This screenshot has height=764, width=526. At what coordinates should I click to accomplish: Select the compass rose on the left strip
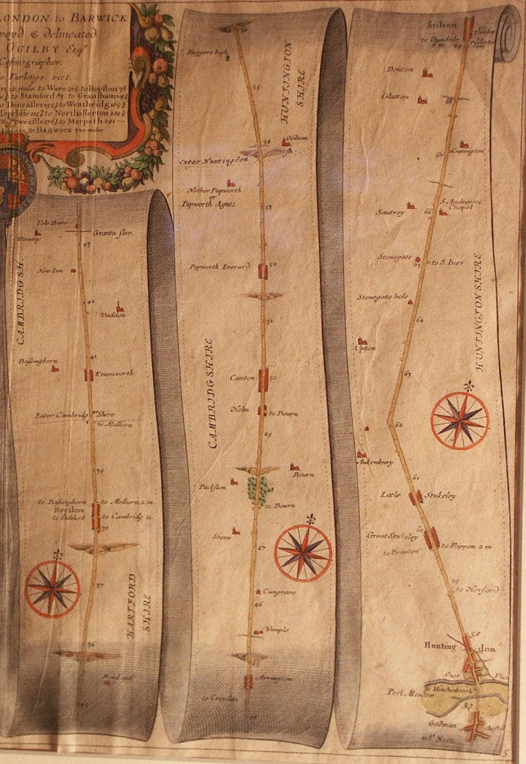click(53, 589)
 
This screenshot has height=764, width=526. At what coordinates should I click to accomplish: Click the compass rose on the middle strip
click(303, 552)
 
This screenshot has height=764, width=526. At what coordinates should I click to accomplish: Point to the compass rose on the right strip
click(460, 420)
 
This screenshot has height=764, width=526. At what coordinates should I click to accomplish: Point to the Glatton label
click(396, 97)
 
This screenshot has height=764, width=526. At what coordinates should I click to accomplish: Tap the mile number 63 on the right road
click(408, 374)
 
